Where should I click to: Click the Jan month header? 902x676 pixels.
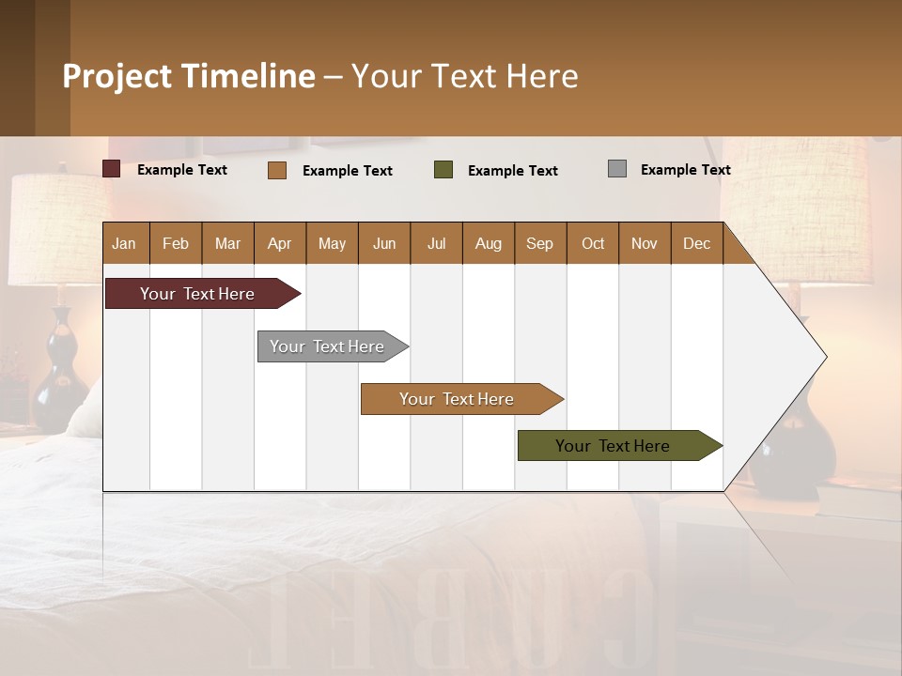(124, 243)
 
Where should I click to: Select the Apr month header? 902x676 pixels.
(280, 243)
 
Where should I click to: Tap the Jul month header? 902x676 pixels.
(436, 243)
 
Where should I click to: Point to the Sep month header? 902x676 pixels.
(539, 243)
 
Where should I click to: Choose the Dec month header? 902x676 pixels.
(696, 243)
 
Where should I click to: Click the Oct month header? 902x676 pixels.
(593, 243)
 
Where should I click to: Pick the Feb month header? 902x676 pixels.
(176, 243)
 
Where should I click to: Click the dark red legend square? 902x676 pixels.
(112, 169)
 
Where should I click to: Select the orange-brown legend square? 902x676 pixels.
(276, 170)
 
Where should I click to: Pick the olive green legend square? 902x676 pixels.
(443, 170)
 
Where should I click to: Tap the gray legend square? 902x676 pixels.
(617, 169)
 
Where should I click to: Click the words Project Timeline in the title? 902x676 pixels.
(189, 76)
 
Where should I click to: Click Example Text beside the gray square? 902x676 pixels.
(685, 170)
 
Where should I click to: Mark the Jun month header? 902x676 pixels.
(384, 243)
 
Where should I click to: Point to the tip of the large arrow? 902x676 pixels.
(824, 357)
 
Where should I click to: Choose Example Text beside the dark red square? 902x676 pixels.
(182, 170)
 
